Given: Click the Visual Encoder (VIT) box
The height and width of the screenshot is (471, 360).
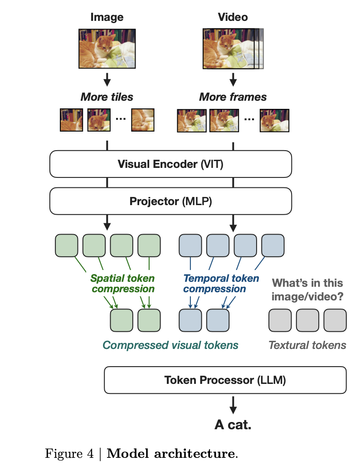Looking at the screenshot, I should click(x=170, y=164).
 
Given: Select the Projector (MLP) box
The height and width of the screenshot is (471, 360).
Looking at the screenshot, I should click(x=170, y=201).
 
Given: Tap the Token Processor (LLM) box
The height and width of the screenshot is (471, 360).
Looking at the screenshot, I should click(x=225, y=380).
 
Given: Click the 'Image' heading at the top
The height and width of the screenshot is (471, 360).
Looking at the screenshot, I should click(x=107, y=17).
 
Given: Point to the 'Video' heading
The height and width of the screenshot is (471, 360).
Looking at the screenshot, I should click(x=233, y=17).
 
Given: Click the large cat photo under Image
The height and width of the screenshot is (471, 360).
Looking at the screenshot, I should click(x=107, y=48).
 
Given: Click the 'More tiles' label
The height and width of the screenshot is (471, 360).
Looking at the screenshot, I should click(x=107, y=97).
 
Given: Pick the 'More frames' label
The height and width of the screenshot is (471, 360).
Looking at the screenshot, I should click(x=233, y=97).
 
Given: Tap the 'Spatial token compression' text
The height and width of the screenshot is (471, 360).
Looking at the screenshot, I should click(x=122, y=284).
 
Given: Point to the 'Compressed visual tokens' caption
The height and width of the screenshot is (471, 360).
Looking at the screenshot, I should click(x=170, y=345).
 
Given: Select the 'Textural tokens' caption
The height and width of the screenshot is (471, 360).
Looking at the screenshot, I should click(x=307, y=345).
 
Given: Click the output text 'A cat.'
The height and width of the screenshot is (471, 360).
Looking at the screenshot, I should click(x=233, y=425).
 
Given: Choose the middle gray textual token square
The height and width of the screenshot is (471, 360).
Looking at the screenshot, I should click(x=307, y=320).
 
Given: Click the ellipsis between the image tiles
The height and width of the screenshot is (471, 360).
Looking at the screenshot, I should click(x=121, y=119).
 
